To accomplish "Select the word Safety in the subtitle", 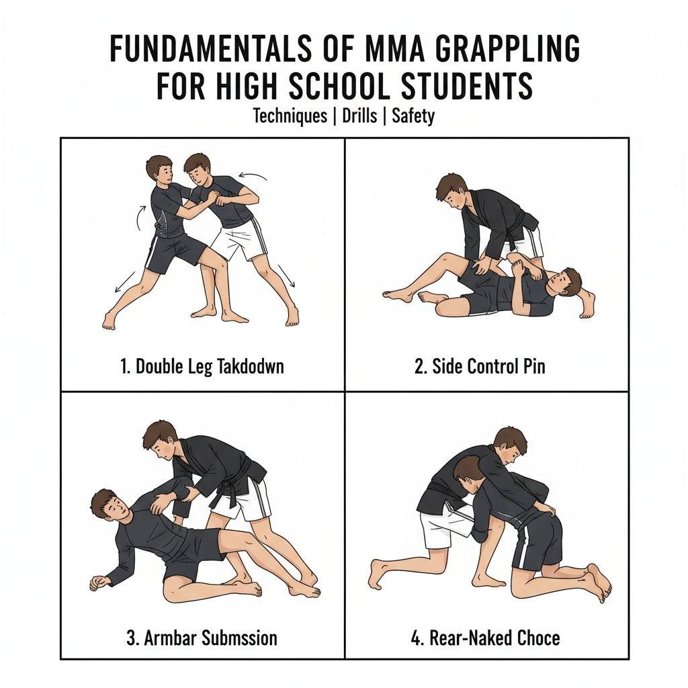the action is (413, 116).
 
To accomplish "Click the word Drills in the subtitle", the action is (359, 116).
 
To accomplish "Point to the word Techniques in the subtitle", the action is (290, 116).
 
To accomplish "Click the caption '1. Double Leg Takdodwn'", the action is (202, 366).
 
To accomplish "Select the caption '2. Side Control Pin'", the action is (480, 366).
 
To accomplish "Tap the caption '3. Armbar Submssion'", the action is (202, 638).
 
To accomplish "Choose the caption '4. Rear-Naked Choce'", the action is (485, 638).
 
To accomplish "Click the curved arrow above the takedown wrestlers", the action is (253, 175).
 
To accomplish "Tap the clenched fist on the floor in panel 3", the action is (99, 583).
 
